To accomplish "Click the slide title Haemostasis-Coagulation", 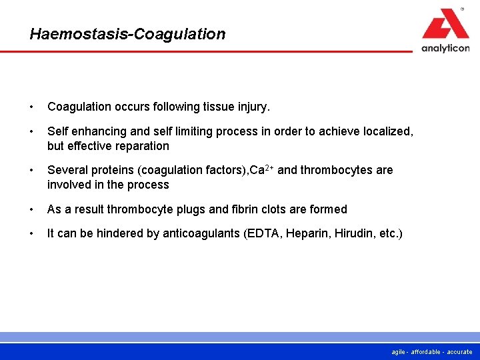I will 127,34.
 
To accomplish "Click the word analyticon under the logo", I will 445,47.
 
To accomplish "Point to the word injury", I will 255,107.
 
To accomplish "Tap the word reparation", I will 141,146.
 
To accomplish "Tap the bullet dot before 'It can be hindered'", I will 32,234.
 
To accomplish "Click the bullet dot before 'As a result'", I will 32,209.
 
